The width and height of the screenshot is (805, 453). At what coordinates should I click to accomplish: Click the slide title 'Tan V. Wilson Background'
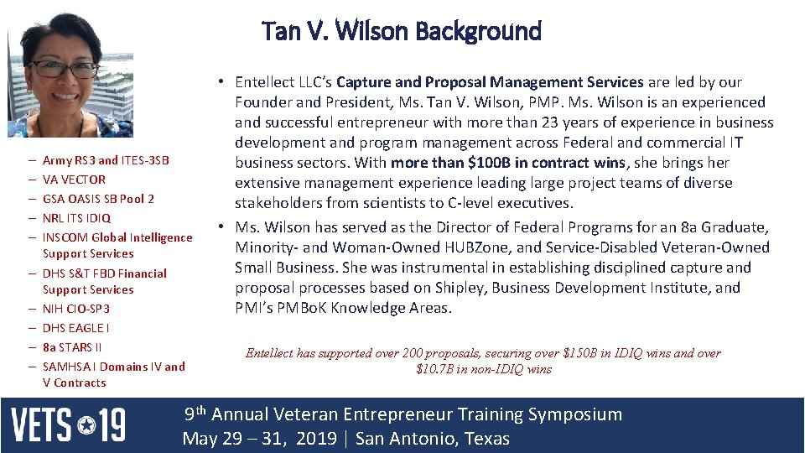pos(402,31)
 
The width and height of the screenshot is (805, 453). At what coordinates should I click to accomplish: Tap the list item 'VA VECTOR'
pos(74,180)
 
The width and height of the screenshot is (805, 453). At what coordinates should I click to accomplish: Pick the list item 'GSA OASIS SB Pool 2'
pos(98,199)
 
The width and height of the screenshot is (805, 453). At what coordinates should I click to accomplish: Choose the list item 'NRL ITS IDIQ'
pos(76,218)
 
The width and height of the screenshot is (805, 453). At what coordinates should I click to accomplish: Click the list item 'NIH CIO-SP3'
pos(76,309)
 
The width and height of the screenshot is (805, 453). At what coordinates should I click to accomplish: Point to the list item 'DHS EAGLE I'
pos(75,328)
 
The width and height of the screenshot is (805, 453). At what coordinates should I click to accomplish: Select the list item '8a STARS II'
pos(72,347)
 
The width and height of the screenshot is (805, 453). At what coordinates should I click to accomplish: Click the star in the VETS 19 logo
pos(86,426)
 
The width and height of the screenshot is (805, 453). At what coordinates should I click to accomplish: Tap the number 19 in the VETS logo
pos(110,425)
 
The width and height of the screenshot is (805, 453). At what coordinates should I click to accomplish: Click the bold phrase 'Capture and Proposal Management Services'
pos(490,82)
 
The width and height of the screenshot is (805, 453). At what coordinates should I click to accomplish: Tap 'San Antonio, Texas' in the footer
pos(432,439)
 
